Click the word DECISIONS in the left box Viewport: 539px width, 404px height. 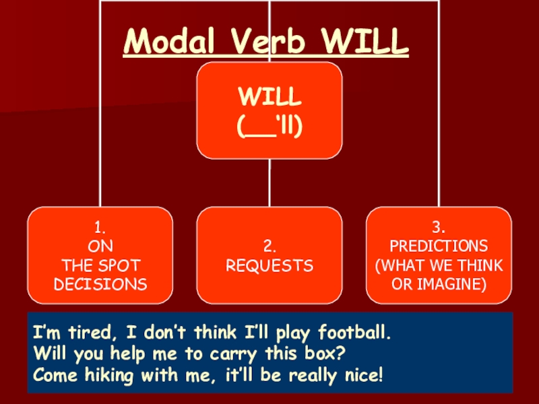coord(100,284)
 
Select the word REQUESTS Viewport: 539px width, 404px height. coord(269,266)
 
